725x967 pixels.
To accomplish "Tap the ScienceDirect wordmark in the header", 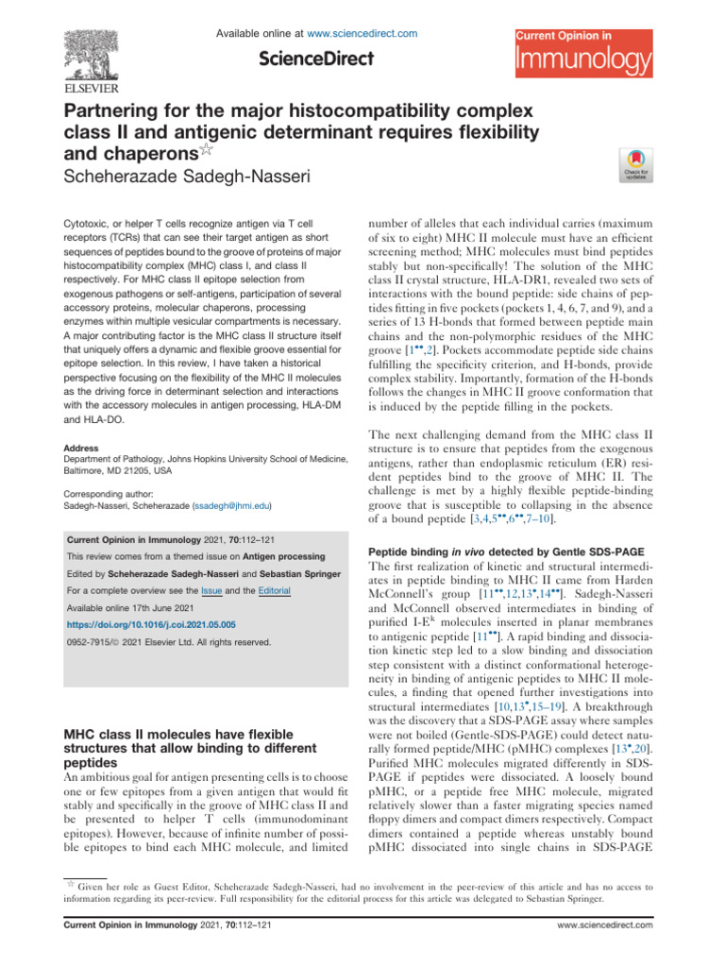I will point(316,59).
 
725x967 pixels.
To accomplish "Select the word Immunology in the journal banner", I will point(582,62).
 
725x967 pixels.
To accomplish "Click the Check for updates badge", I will point(629,166).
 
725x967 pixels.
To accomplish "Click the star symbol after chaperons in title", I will point(215,150).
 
